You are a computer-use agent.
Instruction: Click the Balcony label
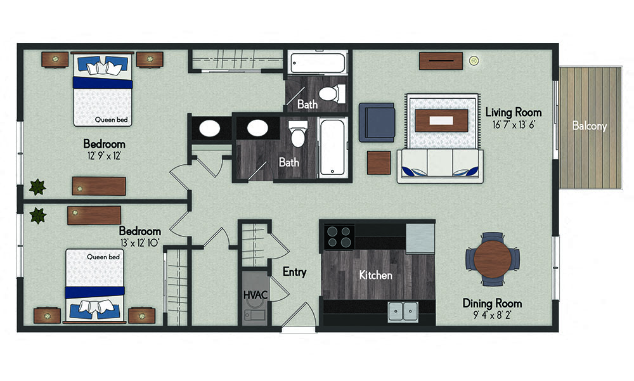pyautogui.click(x=589, y=126)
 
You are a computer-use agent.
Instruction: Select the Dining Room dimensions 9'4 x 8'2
pyautogui.click(x=491, y=315)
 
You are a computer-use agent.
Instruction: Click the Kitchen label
pyautogui.click(x=375, y=275)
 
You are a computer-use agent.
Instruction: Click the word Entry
pyautogui.click(x=294, y=272)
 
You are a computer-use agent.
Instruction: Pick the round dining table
pyautogui.click(x=493, y=259)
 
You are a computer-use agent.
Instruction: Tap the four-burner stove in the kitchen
pyautogui.click(x=339, y=236)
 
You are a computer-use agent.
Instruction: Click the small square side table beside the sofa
pyautogui.click(x=379, y=162)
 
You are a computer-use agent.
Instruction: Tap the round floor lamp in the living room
pyautogui.click(x=473, y=61)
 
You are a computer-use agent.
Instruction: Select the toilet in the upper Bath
pyautogui.click(x=329, y=94)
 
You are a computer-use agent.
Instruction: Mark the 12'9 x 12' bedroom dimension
pyautogui.click(x=104, y=155)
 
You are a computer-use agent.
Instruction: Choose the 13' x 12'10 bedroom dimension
pyautogui.click(x=140, y=243)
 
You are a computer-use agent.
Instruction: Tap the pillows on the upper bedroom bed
pyautogui.click(x=102, y=67)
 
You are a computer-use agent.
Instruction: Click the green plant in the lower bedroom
pyautogui.click(x=38, y=216)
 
